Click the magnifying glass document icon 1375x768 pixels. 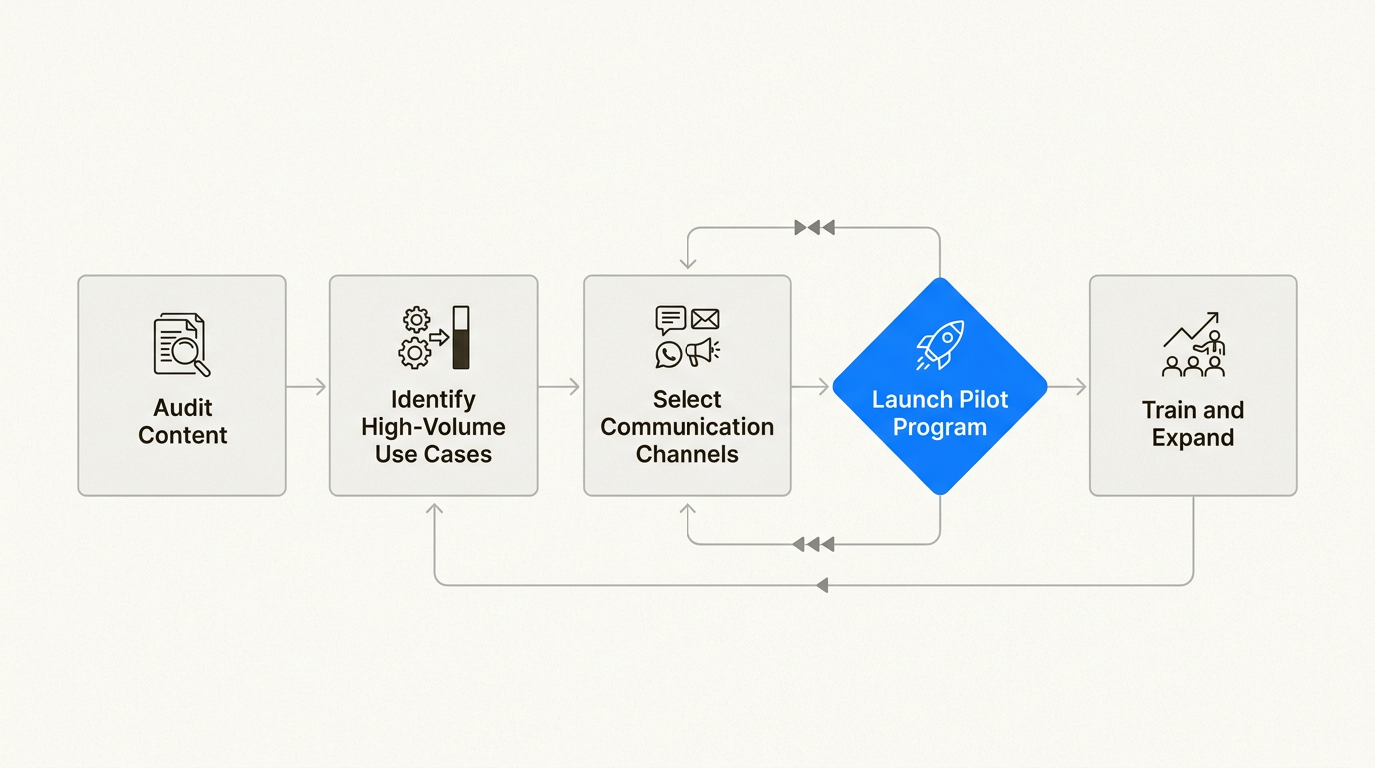pyautogui.click(x=181, y=345)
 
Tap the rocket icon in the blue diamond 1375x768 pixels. pyautogui.click(x=940, y=344)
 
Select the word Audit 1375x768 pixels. pyautogui.click(x=183, y=408)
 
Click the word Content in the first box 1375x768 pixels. pyautogui.click(x=183, y=435)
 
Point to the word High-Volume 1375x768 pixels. pyautogui.click(x=433, y=427)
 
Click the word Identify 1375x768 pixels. pyautogui.click(x=433, y=400)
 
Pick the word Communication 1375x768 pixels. pyautogui.click(x=687, y=427)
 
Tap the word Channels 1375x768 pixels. pyautogui.click(x=687, y=454)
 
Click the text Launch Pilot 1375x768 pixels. pyautogui.click(x=940, y=400)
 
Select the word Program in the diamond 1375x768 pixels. pyautogui.click(x=940, y=427)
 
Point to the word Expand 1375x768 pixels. pyautogui.click(x=1192, y=438)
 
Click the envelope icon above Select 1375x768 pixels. pyautogui.click(x=705, y=319)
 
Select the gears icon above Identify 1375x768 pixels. pyautogui.click(x=415, y=337)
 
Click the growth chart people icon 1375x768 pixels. pyautogui.click(x=1193, y=345)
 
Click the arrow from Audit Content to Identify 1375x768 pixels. pyautogui.click(x=307, y=387)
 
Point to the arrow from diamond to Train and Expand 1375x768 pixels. pyautogui.click(x=1067, y=387)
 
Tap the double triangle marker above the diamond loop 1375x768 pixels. pyautogui.click(x=814, y=228)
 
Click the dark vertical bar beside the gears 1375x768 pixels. pyautogui.click(x=461, y=337)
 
